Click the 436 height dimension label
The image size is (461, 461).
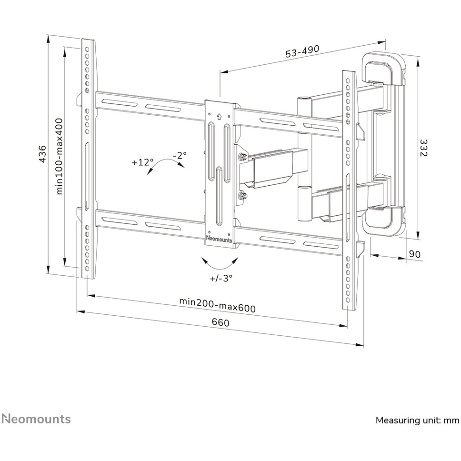pyautogui.click(x=43, y=154)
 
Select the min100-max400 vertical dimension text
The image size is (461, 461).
pyautogui.click(x=60, y=156)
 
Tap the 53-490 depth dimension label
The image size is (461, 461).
pyautogui.click(x=302, y=51)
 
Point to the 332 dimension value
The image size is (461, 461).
pyautogui.click(x=423, y=148)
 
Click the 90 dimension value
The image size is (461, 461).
pyautogui.click(x=414, y=254)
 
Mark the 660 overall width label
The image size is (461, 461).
pyautogui.click(x=220, y=322)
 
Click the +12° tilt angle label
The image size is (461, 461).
pyautogui.click(x=142, y=162)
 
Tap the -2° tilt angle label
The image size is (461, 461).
pyautogui.click(x=180, y=155)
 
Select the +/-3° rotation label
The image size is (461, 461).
pyautogui.click(x=221, y=278)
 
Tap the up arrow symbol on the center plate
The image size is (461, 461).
pyautogui.click(x=219, y=117)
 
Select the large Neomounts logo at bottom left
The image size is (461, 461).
pyautogui.click(x=37, y=419)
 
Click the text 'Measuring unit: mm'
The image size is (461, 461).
pyautogui.click(x=418, y=420)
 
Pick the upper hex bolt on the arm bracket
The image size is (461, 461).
pyautogui.click(x=243, y=157)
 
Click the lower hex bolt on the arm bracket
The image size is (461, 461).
pyautogui.click(x=243, y=196)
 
